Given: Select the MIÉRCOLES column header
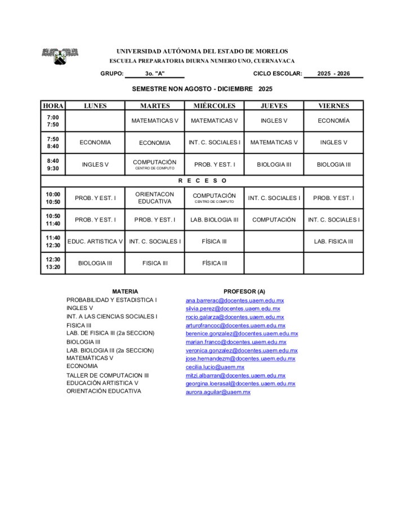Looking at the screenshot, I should tap(214, 105).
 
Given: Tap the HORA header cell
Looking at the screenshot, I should tap(53, 105).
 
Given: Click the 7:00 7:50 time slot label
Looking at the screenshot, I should tap(53, 121).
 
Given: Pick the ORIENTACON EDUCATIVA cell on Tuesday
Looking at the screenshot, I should tap(154, 198).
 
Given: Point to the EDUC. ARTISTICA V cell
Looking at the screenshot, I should tap(95, 241).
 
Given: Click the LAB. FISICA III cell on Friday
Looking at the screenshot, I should tap(333, 241).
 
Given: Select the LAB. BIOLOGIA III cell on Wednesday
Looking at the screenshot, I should tap(214, 220).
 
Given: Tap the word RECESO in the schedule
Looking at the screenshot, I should tap(202, 181).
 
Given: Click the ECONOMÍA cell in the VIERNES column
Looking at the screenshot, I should tap(333, 121).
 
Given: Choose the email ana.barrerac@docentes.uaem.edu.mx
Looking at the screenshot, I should tap(235, 300).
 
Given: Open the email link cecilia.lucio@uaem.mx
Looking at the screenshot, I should tap(215, 367).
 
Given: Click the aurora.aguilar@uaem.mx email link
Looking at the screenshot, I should tap(218, 392).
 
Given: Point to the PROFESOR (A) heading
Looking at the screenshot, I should tap(244, 291).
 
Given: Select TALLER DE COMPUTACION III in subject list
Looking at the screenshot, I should tap(108, 375).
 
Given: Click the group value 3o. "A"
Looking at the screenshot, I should tap(154, 74).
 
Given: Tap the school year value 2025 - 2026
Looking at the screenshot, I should tap(333, 74).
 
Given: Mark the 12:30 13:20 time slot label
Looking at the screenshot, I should tap(53, 263).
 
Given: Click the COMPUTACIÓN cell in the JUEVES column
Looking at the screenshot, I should tap(274, 220).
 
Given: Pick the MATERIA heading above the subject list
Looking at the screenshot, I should tap(125, 291).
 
